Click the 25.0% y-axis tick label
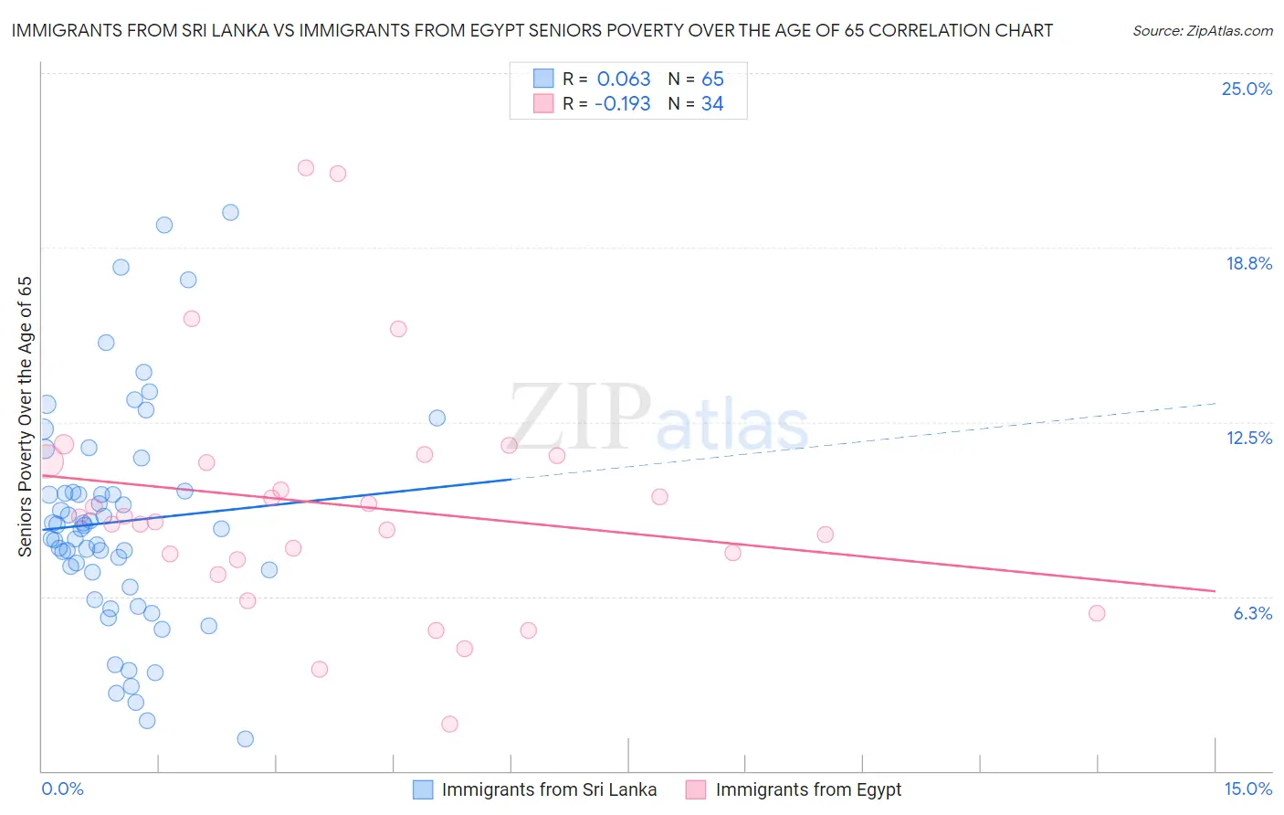[1247, 89]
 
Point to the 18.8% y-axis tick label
[1248, 263]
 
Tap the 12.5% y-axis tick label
[1248, 438]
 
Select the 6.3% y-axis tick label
[1252, 613]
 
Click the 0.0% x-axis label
[62, 789]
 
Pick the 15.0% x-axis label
[1247, 789]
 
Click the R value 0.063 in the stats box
[624, 79]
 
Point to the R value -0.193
[622, 103]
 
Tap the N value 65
[712, 79]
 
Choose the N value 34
[712, 103]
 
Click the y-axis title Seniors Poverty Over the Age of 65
[25, 416]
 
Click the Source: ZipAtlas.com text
[1202, 30]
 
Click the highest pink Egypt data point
[306, 168]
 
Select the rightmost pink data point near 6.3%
[1097, 613]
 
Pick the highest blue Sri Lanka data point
[230, 212]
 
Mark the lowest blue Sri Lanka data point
[245, 738]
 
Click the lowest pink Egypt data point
[449, 724]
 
